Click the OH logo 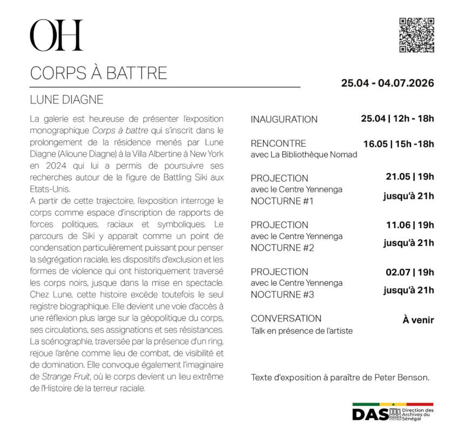[56, 36]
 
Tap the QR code [416, 35]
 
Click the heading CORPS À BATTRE [98, 73]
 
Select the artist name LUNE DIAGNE [66, 100]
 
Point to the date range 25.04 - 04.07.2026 [387, 84]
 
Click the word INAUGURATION [284, 119]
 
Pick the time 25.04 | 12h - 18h [397, 119]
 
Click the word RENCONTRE [278, 143]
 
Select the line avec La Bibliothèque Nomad [304, 155]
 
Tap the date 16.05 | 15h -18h [399, 143]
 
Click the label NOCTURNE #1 [282, 201]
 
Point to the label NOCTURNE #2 [282, 248]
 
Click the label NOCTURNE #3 [282, 294]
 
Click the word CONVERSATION [286, 318]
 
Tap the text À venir [418, 320]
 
